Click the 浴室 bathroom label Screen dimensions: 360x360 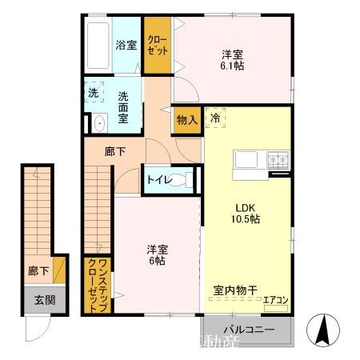point(126,45)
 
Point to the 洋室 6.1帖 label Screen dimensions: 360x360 point(233,60)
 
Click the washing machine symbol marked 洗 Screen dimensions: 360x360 point(94,92)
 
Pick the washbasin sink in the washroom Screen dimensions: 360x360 point(98,123)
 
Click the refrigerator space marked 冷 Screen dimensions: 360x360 point(215,118)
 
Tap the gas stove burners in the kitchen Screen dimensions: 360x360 point(278,161)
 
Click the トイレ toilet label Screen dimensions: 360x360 point(157,180)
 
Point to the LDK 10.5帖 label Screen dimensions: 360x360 point(245,210)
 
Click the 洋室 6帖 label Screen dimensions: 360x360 point(155,254)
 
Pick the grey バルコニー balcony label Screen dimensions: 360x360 point(249,330)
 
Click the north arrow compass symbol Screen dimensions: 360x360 point(326,329)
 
